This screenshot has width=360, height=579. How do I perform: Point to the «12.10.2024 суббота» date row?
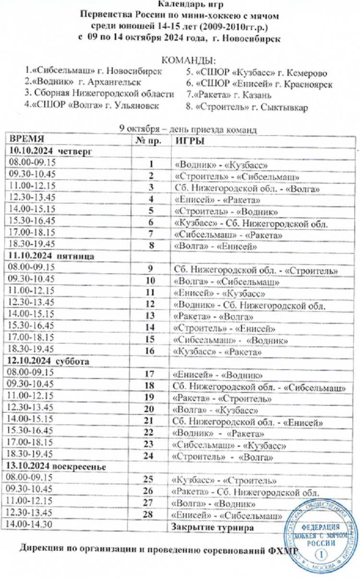click(x=42, y=360)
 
